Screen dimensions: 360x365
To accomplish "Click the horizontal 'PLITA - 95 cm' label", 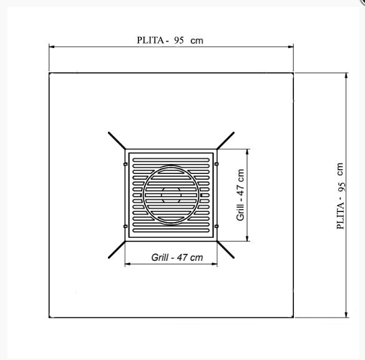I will (x=170, y=39).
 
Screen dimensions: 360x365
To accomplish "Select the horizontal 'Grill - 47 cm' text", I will (x=177, y=257).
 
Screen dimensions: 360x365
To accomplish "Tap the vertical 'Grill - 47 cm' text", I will (x=240, y=195).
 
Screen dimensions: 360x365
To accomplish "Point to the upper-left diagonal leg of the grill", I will (x=117, y=140).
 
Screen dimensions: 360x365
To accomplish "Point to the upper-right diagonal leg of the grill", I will (x=225, y=140).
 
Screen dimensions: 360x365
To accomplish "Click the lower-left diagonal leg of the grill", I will (x=117, y=250).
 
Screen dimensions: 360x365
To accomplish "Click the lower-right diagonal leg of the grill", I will (x=225, y=250).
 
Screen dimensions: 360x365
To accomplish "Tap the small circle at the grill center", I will (x=171, y=195).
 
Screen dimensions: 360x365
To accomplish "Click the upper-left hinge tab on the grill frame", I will (x=125, y=165).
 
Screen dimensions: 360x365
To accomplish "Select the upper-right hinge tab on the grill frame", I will (x=217, y=165).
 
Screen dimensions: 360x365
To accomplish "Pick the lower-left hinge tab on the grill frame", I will (x=125, y=226).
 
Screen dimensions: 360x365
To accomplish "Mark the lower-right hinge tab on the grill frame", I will (x=217, y=226).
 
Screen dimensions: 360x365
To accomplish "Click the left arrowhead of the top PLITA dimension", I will (x=52, y=47).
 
